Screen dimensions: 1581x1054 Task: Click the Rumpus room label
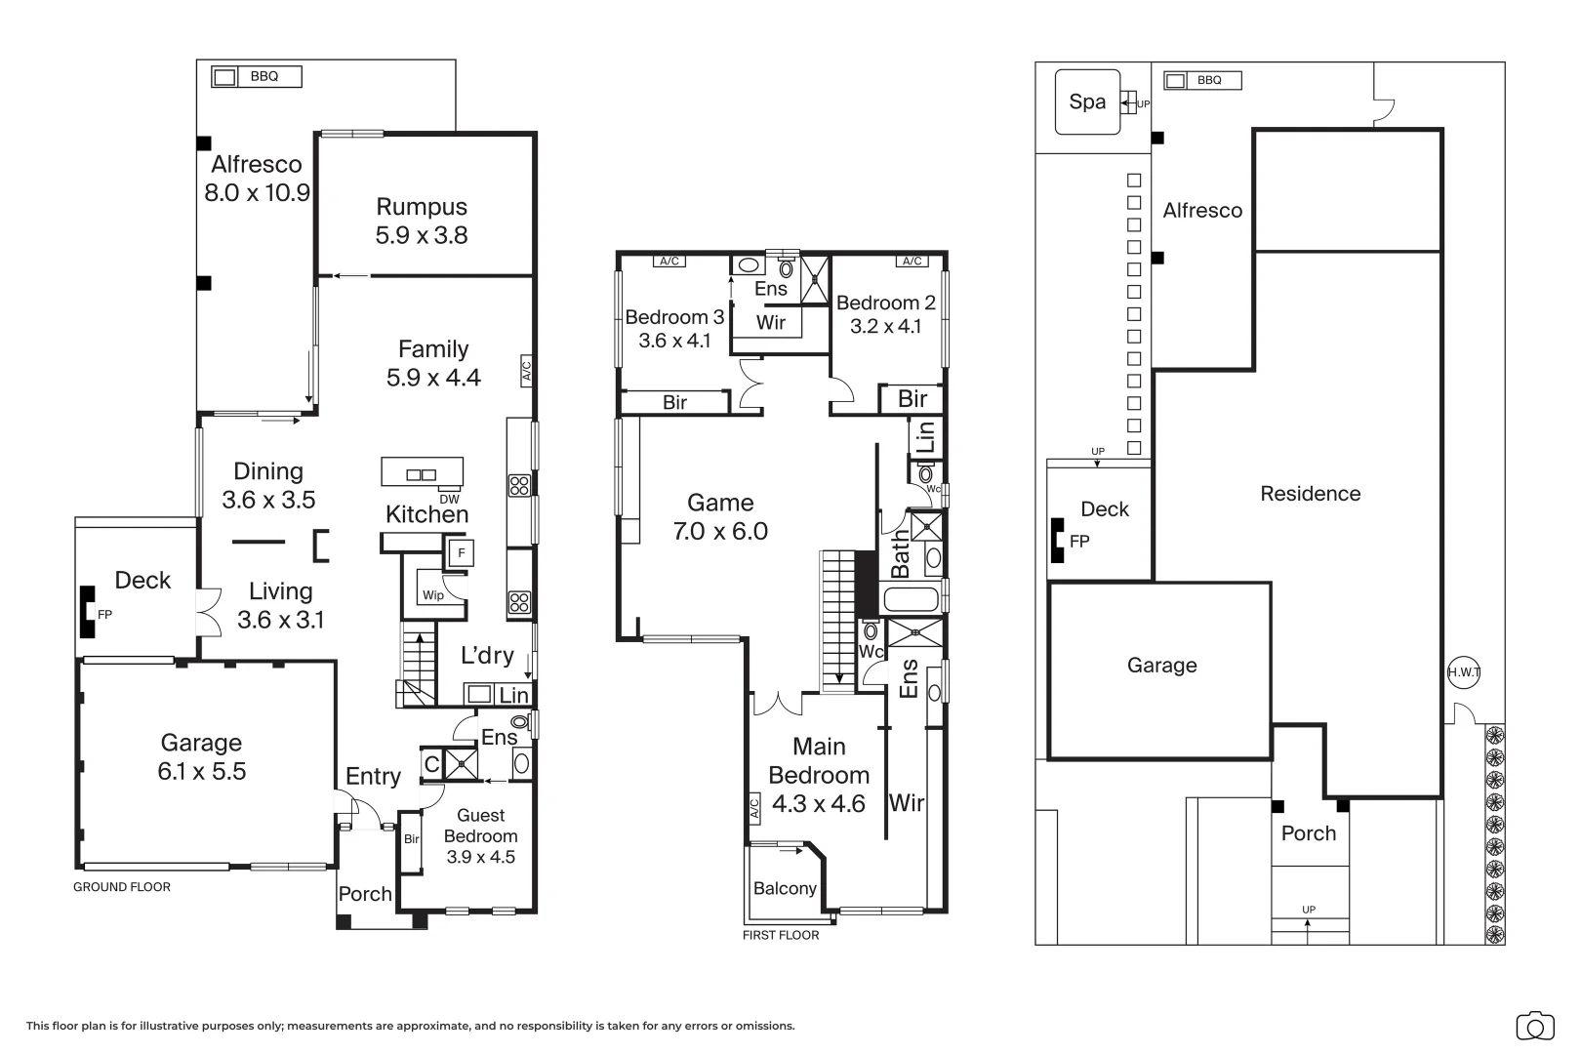tap(422, 207)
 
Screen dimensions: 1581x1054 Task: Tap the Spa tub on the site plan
tap(1087, 101)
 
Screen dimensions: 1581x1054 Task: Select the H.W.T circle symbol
tap(1464, 672)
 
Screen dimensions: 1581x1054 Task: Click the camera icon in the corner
tap(1535, 1027)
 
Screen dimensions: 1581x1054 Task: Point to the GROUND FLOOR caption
tap(122, 887)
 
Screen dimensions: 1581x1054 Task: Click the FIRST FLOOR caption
tap(781, 935)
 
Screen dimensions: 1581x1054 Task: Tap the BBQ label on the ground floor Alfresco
tap(264, 76)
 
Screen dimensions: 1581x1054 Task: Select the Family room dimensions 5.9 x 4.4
tap(433, 378)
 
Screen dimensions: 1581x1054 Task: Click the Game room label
tap(720, 503)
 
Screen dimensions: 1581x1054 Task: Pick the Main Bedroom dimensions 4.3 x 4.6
tap(819, 803)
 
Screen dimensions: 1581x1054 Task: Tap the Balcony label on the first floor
tap(785, 888)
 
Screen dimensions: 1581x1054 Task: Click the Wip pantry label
tap(433, 595)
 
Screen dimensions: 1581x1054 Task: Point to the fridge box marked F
tap(462, 552)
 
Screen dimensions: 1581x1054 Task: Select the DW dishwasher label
tap(449, 499)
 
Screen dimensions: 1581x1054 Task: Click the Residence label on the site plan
tap(1311, 494)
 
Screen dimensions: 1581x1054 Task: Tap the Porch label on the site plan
tap(1309, 833)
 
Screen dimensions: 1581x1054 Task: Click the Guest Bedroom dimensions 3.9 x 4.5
tap(481, 857)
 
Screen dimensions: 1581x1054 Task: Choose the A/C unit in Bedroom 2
tap(912, 262)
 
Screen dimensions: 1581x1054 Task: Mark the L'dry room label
tap(487, 655)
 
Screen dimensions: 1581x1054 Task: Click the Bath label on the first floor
tap(899, 554)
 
